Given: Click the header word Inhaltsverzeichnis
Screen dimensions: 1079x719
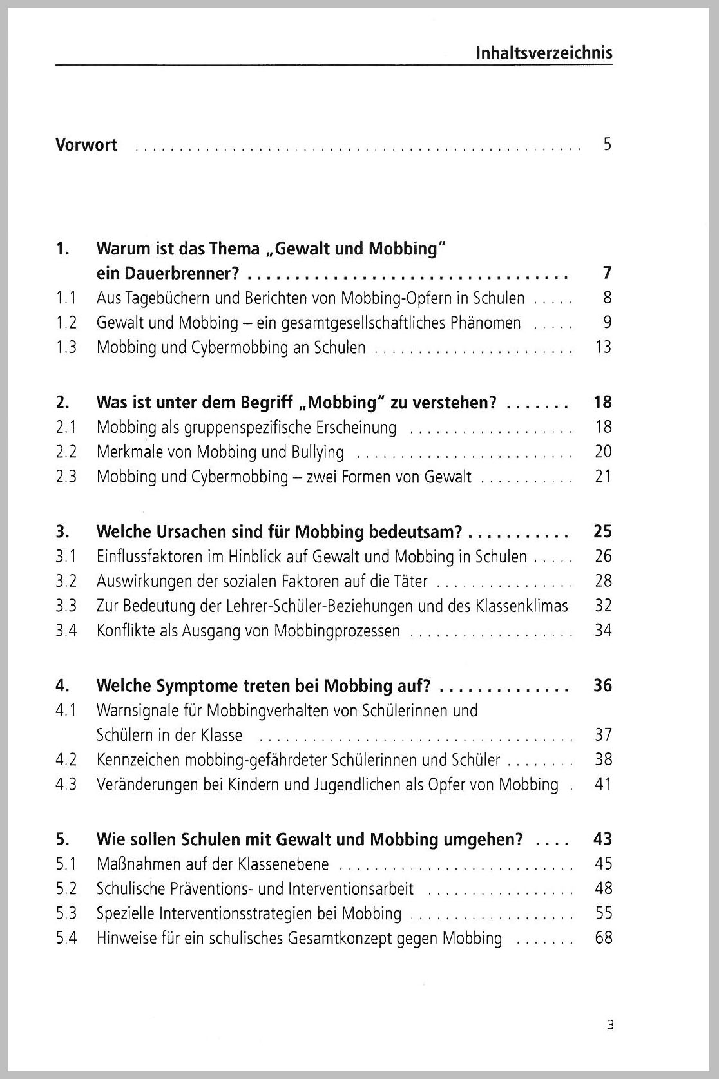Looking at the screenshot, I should click(544, 53).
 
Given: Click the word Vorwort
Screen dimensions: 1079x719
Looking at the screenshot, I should click(86, 144).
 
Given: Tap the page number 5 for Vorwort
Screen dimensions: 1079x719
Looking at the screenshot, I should click(607, 144).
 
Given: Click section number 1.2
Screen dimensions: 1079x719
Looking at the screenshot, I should click(66, 323).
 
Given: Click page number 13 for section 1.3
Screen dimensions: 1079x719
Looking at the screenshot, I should click(603, 347).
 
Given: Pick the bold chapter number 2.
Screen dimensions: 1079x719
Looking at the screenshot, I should click(62, 403).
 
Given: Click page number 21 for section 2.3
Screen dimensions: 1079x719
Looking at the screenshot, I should click(603, 477).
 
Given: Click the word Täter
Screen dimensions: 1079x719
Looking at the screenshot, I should click(410, 581).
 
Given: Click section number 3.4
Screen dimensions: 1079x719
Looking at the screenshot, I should click(66, 630).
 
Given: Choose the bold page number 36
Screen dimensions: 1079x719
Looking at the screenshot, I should click(602, 685).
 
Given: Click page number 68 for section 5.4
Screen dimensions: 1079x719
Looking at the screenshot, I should click(604, 938).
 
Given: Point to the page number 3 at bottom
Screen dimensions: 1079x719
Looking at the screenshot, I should click(610, 1024).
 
